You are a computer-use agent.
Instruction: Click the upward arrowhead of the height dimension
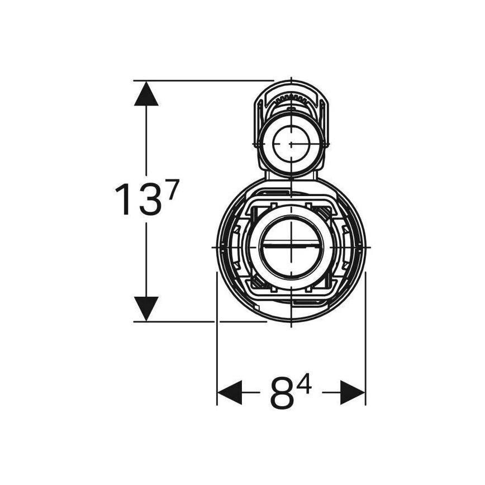[x=146, y=94]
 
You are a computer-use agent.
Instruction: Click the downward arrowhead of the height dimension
[x=146, y=309]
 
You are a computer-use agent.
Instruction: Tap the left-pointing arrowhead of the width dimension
[x=229, y=393]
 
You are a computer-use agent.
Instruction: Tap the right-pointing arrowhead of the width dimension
[x=353, y=393]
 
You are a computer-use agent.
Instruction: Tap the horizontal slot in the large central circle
[x=291, y=245]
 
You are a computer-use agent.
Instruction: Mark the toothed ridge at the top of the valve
[x=291, y=98]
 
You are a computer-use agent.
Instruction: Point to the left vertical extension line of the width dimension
[x=216, y=346]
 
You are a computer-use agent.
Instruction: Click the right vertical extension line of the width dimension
[x=365, y=346]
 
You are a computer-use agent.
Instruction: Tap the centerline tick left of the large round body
[x=217, y=246]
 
